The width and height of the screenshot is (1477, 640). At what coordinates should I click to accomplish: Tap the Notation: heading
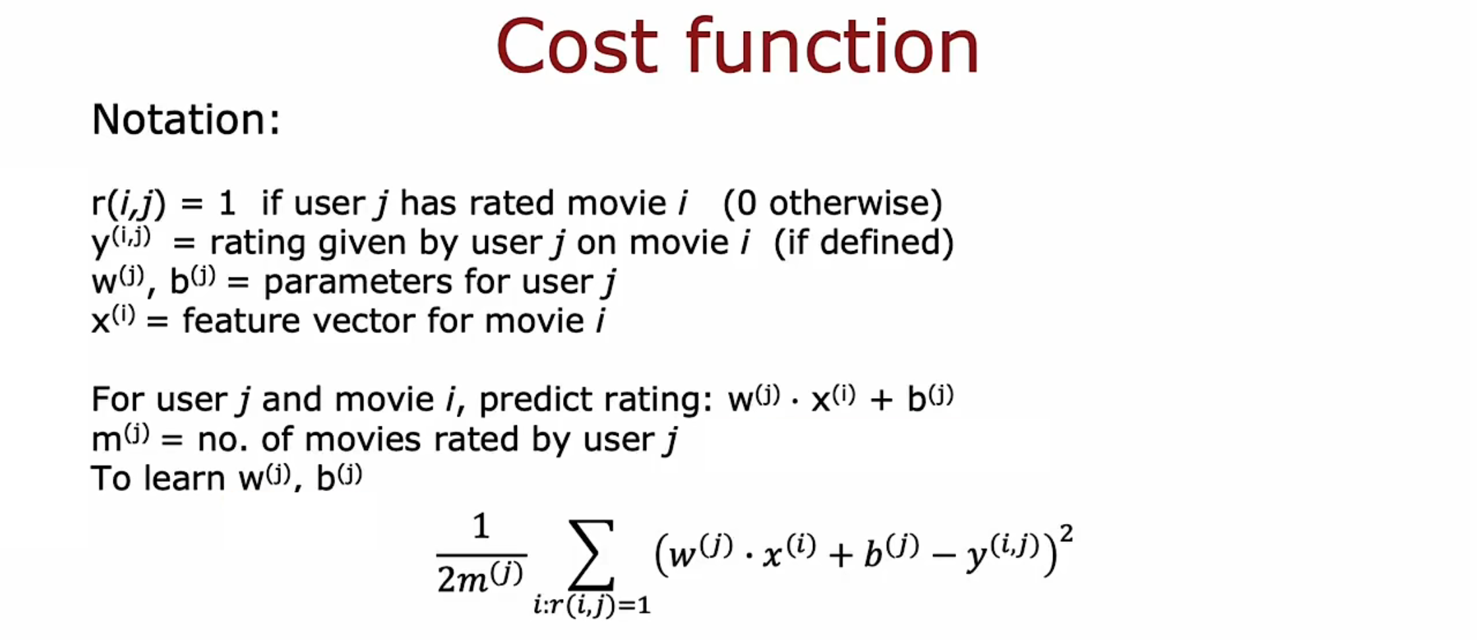coord(187,119)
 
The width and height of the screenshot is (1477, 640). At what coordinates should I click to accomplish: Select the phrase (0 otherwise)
coord(833,203)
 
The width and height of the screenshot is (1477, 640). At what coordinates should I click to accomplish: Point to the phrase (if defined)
coord(864,243)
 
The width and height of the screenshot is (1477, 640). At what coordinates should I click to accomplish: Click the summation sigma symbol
coord(592,554)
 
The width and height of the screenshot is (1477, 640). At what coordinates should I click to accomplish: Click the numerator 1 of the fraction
coord(481,527)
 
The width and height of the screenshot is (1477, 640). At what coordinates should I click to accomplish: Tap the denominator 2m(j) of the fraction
coord(481,577)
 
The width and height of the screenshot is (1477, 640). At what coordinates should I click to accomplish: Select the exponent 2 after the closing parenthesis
coord(1066,533)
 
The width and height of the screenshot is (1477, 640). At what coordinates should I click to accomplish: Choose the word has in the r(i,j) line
coord(428,203)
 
